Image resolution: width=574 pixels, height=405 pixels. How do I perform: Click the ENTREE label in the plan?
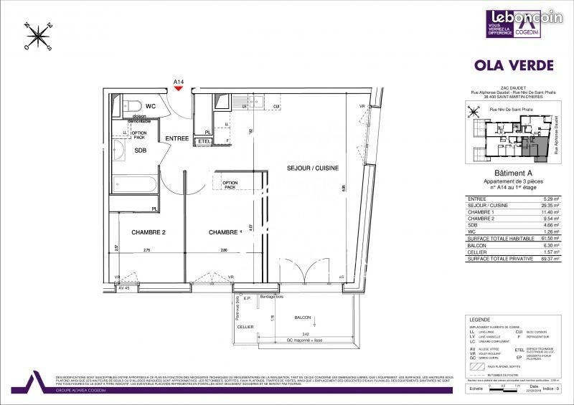177,138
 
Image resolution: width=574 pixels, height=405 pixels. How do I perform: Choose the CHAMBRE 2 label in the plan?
149,232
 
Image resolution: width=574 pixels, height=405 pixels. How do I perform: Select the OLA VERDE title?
514,65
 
